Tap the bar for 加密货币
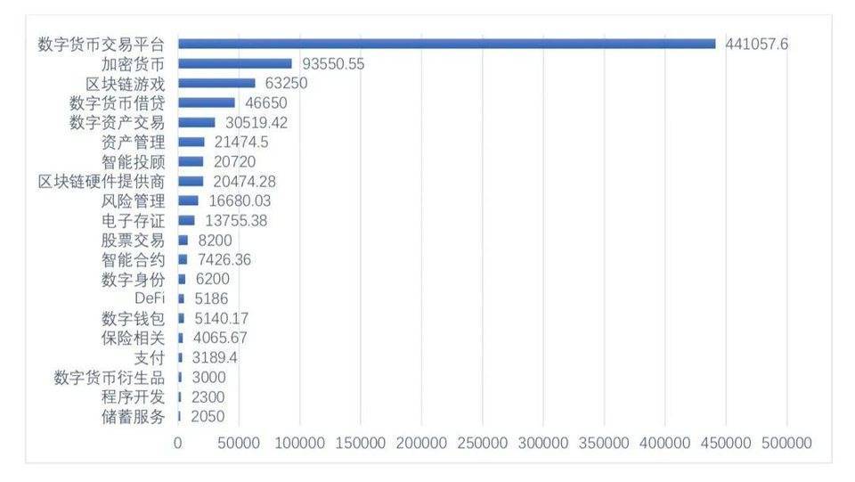click(235, 63)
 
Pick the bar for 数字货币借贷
click(207, 102)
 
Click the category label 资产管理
click(134, 142)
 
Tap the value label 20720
click(232, 162)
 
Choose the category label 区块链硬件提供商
click(102, 181)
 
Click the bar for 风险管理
click(189, 200)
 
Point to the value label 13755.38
click(236, 221)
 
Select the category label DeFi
click(150, 298)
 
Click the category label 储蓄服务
click(134, 416)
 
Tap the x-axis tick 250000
click(483, 443)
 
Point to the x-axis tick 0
click(178, 443)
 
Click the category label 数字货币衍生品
click(110, 377)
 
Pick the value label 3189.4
click(216, 358)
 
